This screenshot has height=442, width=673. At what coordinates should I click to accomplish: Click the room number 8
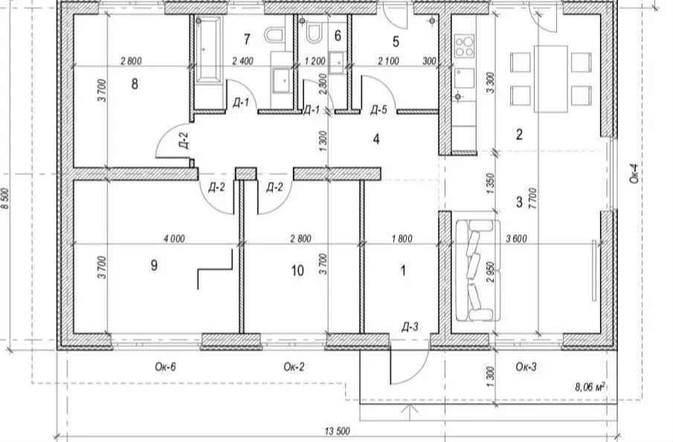click(135, 84)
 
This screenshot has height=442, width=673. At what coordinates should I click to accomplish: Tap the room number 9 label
click(154, 265)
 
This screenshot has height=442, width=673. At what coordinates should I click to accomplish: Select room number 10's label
click(297, 270)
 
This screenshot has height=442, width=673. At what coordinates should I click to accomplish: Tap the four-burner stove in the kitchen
click(464, 46)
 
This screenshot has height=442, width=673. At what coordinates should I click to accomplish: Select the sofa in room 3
click(477, 271)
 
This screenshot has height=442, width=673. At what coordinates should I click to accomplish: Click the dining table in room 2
click(551, 79)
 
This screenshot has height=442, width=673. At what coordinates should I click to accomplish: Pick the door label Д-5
click(379, 110)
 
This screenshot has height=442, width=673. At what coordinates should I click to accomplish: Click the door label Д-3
click(410, 328)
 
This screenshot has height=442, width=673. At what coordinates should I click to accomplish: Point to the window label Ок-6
click(166, 367)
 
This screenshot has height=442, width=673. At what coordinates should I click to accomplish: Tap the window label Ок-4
click(635, 173)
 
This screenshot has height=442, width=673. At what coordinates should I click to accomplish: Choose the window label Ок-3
click(527, 367)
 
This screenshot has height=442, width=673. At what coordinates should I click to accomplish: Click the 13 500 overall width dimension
click(337, 431)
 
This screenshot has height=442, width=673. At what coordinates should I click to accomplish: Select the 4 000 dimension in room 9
click(174, 238)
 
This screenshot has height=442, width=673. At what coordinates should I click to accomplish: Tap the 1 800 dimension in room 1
click(402, 238)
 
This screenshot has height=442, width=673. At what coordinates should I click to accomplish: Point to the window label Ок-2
click(294, 367)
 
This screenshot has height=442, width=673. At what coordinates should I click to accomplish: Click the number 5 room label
click(396, 42)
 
